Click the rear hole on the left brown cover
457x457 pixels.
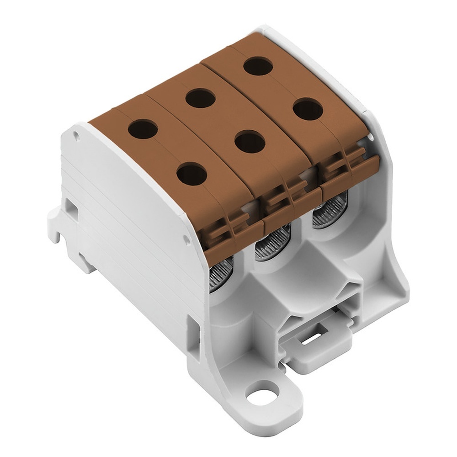tap(143, 129)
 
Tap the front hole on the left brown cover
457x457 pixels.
tap(191, 174)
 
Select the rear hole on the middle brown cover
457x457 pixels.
tap(201, 97)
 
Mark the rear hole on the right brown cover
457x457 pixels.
tap(258, 66)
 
